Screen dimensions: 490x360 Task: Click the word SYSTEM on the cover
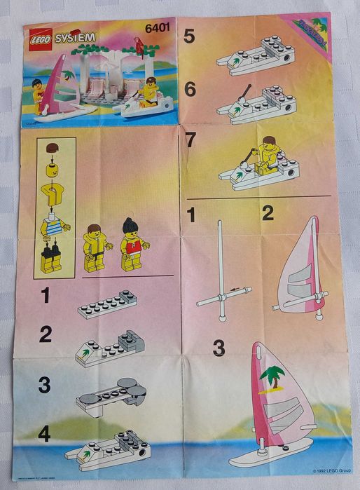73,36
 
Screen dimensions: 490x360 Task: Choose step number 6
189,89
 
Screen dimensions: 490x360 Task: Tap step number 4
45,435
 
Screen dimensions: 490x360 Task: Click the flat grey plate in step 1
106,304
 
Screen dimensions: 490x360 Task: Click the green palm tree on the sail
272,378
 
